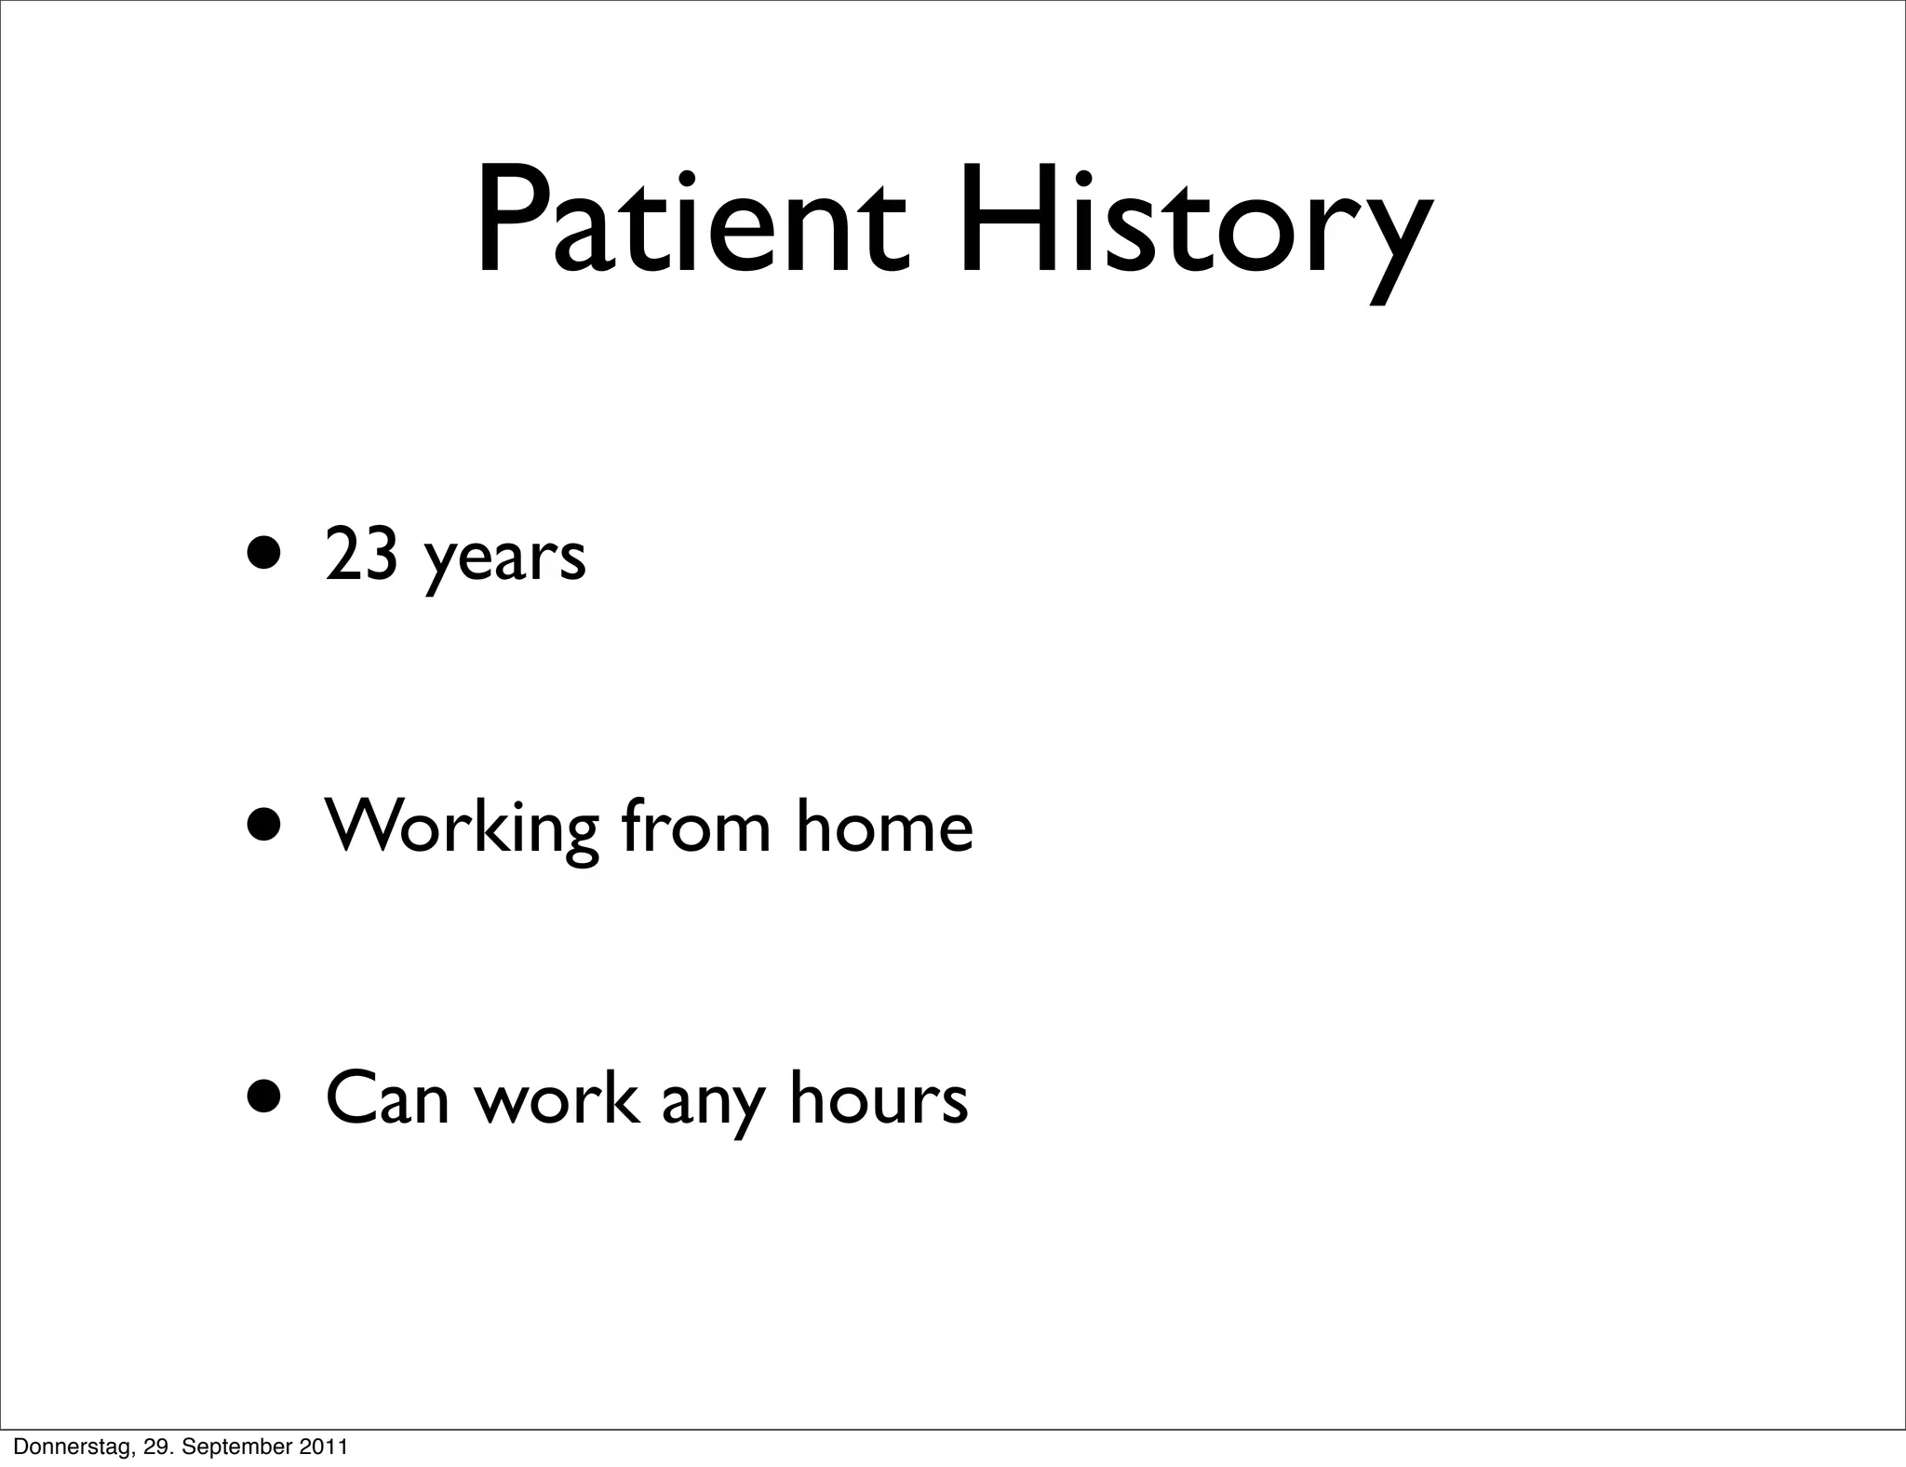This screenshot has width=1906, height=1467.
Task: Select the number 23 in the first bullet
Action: coord(362,557)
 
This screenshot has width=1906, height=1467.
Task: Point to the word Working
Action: coord(462,828)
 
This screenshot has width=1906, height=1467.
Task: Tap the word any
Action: coord(713,1103)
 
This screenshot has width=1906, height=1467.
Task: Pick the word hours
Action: coord(879,1098)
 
